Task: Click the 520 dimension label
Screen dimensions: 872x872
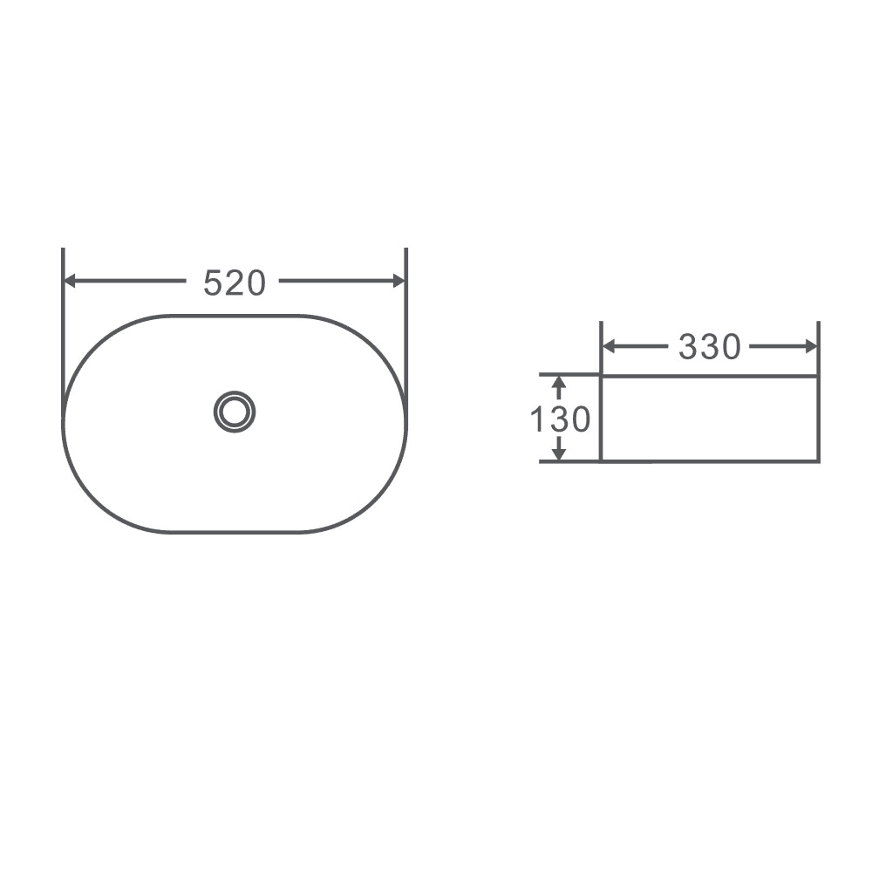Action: click(x=234, y=283)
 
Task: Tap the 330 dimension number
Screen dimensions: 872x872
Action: click(x=709, y=347)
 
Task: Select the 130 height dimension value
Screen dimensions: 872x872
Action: click(x=561, y=419)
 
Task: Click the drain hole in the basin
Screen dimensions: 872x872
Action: click(x=235, y=411)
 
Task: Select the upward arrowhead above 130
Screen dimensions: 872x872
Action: click(x=559, y=384)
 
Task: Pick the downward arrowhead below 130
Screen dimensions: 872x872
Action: click(x=559, y=453)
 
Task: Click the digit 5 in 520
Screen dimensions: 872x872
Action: click(x=212, y=283)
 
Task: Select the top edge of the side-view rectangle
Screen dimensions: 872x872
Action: click(x=709, y=376)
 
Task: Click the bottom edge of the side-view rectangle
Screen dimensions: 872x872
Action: click(x=709, y=460)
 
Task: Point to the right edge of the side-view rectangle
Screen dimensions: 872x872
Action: click(x=817, y=419)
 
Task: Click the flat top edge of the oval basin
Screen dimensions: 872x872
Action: click(x=235, y=315)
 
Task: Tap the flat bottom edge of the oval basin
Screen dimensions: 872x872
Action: click(x=235, y=531)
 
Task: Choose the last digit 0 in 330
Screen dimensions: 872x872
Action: click(x=731, y=347)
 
